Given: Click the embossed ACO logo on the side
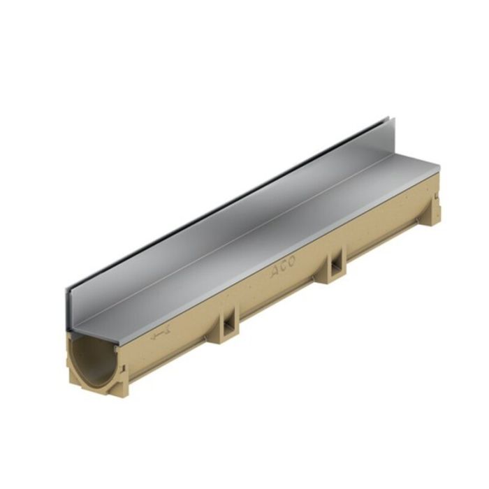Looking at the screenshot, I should click(x=282, y=266).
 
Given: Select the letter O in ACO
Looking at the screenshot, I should click(x=291, y=262).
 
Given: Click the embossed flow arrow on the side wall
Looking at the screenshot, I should click(x=160, y=335).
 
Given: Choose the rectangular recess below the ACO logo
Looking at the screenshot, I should click(x=334, y=265).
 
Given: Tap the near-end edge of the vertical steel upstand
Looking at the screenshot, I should click(x=69, y=307).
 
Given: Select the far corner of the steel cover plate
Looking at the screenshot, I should click(x=439, y=167).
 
